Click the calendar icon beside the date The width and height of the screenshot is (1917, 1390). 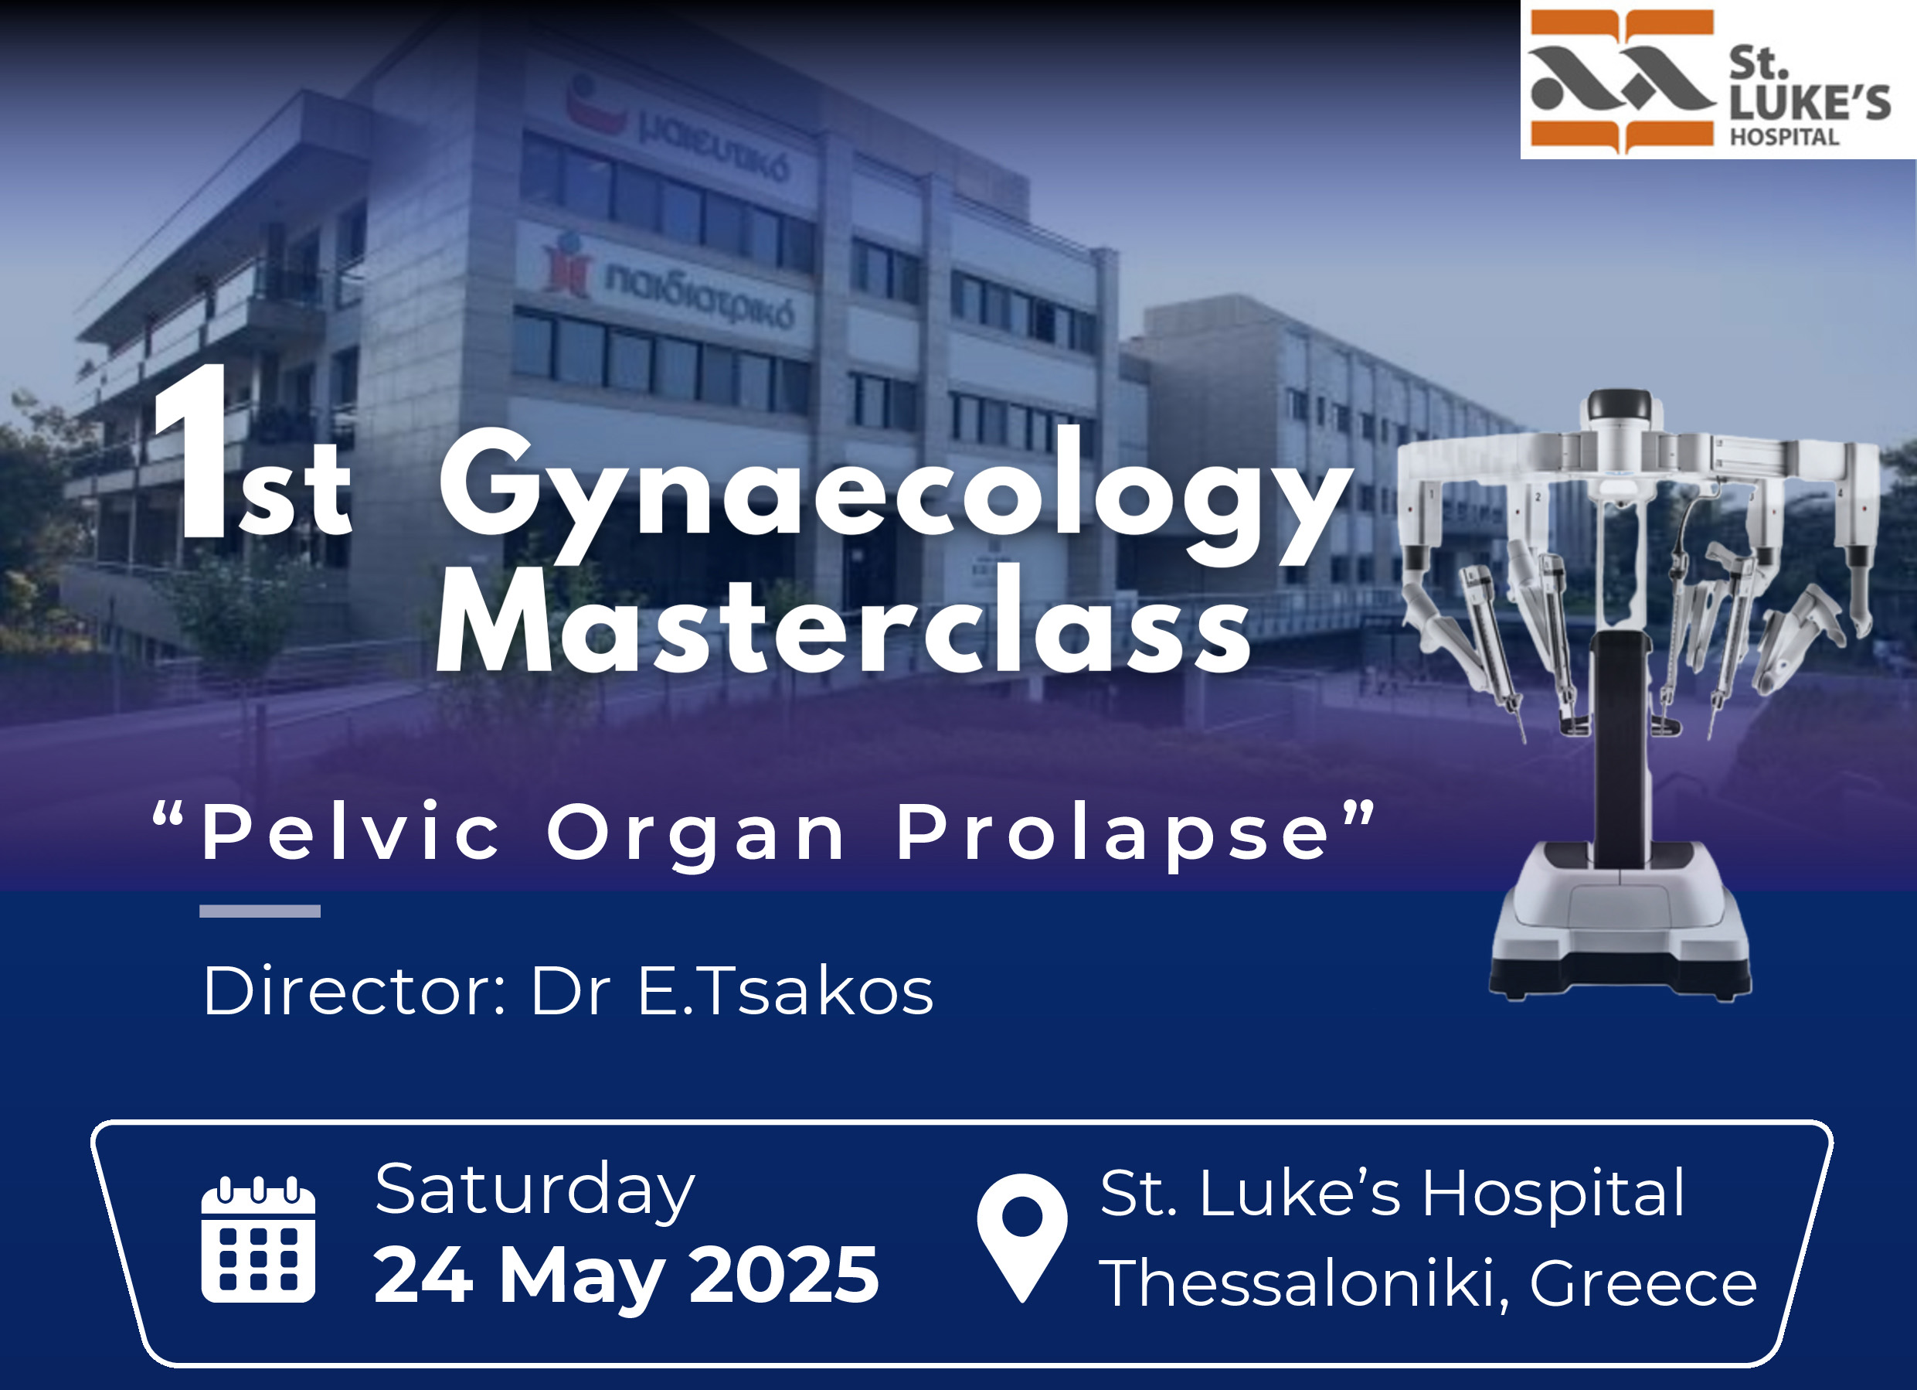[258, 1238]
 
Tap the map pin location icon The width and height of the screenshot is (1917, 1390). [1022, 1238]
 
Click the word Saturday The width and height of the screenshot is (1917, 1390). [534, 1191]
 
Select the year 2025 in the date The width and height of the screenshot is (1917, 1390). [783, 1275]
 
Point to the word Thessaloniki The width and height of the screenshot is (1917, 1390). [1302, 1283]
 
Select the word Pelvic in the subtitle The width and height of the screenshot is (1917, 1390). [351, 832]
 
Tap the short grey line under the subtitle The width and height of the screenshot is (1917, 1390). [260, 911]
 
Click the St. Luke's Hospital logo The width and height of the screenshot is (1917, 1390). [1718, 80]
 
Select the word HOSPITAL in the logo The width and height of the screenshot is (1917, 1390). [1783, 137]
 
